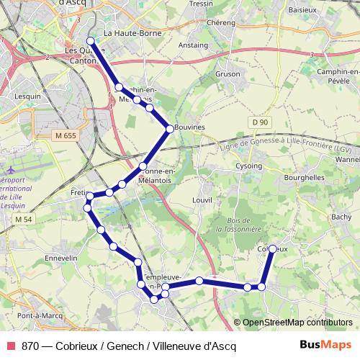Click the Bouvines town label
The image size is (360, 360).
pos(190,127)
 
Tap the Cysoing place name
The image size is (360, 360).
pos(249,165)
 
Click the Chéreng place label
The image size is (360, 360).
pos(221,22)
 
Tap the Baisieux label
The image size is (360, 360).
pos(302,10)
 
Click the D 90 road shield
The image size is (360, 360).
pos(260,123)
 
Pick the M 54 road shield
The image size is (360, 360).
pos(24,219)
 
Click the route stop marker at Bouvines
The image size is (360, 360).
pos(170,128)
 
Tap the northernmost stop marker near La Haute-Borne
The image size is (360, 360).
pos(91,41)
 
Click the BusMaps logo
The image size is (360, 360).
pos(325,345)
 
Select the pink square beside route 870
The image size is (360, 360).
pos(11,345)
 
